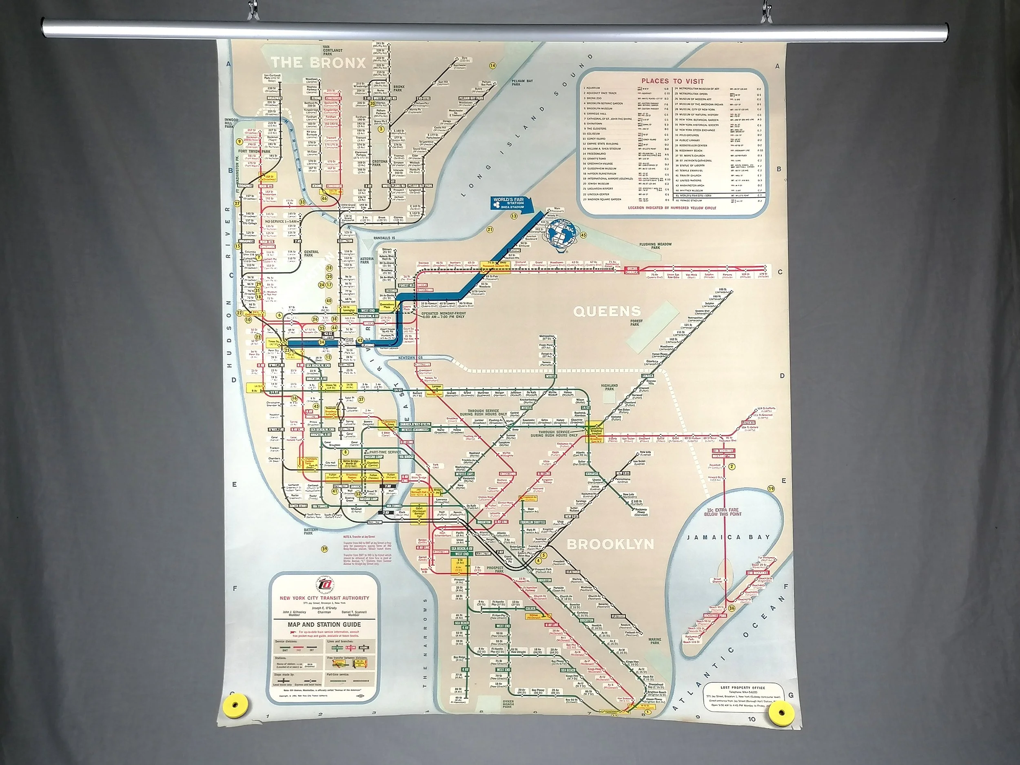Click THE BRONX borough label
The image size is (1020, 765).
[318, 63]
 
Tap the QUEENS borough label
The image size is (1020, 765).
[607, 311]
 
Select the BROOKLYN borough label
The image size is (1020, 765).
[610, 544]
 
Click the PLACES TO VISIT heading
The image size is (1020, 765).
[673, 81]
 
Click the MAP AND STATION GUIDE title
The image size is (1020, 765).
[324, 625]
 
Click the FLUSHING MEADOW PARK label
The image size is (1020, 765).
[655, 246]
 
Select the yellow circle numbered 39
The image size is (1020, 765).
[325, 549]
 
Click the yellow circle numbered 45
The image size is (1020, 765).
[583, 235]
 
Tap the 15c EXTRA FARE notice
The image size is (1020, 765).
[723, 512]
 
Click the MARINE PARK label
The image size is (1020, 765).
[655, 641]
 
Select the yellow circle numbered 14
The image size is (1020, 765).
[492, 65]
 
